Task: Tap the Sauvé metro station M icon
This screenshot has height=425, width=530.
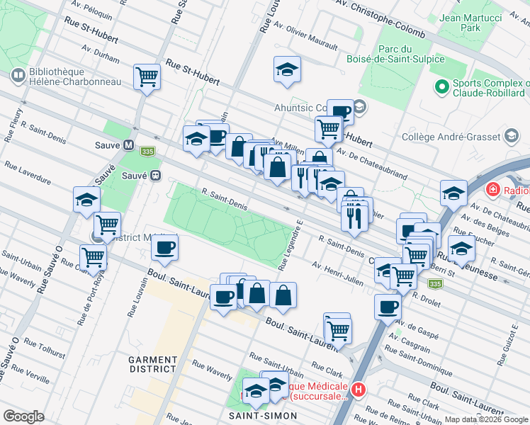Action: click(x=129, y=144)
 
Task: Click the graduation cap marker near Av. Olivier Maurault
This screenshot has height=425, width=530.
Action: click(x=287, y=69)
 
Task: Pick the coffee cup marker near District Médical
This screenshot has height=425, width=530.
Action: click(x=165, y=248)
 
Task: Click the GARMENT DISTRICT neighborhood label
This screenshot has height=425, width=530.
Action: click(x=152, y=364)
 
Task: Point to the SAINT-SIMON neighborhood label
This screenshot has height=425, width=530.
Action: click(x=257, y=415)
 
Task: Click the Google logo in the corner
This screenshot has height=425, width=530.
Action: click(x=24, y=416)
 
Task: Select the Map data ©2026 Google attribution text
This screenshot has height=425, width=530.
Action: click(x=486, y=419)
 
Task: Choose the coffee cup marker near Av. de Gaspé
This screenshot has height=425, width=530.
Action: click(x=388, y=307)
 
